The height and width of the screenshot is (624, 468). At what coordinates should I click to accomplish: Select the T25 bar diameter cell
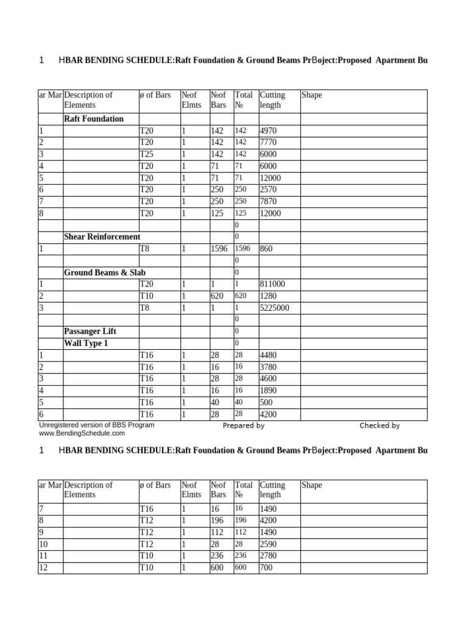[147, 154]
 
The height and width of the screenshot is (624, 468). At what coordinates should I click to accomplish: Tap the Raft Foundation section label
[94, 119]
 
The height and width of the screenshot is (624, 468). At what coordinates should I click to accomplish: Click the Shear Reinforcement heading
[102, 236]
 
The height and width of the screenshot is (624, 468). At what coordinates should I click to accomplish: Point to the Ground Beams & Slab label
[105, 272]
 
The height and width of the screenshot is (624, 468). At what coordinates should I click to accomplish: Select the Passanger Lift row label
[90, 331]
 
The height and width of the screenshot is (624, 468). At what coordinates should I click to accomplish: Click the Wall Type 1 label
[86, 343]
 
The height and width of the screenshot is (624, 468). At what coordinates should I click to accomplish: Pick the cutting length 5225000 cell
[275, 308]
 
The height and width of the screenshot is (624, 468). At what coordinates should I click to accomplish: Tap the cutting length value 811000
[272, 285]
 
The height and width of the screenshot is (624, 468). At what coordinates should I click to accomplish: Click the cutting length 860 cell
[266, 249]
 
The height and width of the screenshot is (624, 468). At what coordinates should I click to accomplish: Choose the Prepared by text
[243, 426]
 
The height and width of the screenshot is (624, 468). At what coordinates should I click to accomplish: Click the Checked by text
[379, 426]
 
